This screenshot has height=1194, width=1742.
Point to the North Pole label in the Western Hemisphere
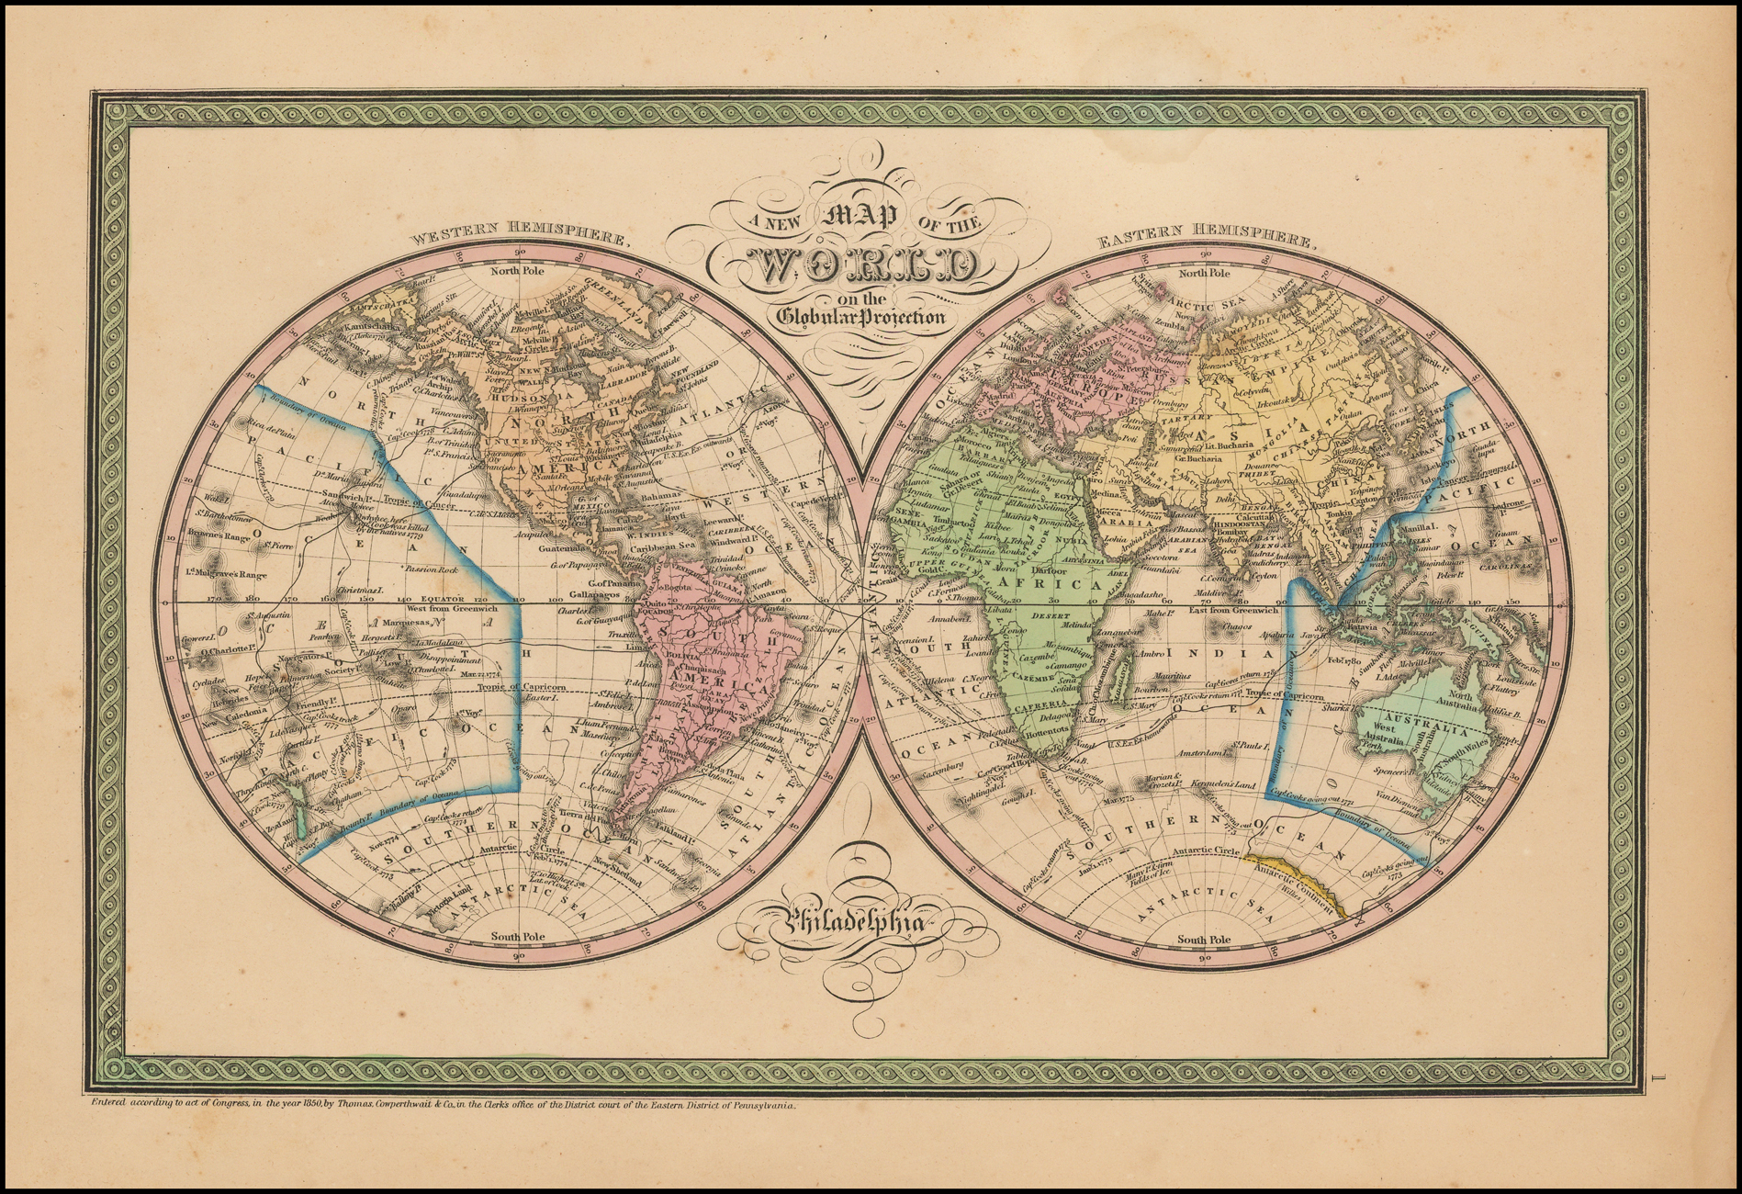[x=518, y=272]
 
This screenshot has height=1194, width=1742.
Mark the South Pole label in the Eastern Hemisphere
[x=1204, y=940]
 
